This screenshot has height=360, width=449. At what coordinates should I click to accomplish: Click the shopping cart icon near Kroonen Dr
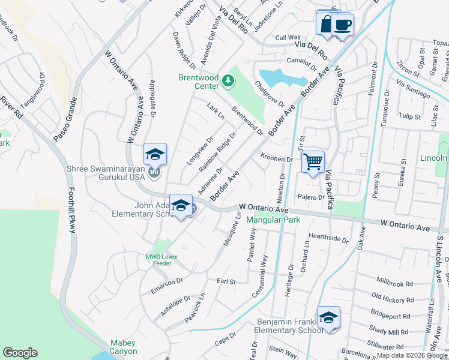pyautogui.click(x=313, y=161)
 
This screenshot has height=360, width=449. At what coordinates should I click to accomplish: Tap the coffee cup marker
pyautogui.click(x=343, y=25)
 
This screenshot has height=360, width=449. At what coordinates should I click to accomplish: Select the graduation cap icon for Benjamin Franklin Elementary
pyautogui.click(x=328, y=317)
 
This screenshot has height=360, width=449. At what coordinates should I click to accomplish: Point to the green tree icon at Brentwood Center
pyautogui.click(x=228, y=80)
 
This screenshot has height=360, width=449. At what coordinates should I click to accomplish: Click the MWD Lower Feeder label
pyautogui.click(x=162, y=260)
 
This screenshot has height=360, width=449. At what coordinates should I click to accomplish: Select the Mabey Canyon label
pyautogui.click(x=123, y=347)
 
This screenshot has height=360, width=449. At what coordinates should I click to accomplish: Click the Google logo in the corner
pyautogui.click(x=20, y=353)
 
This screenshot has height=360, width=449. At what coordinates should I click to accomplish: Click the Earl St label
pyautogui.click(x=226, y=281)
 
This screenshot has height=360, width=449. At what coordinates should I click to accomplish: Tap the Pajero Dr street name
pyautogui.click(x=311, y=197)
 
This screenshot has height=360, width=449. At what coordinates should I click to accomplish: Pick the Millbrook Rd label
pyautogui.click(x=394, y=283)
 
